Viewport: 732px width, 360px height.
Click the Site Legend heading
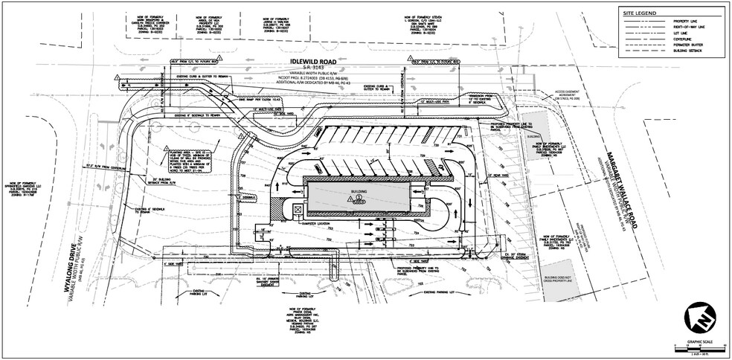coord(640,13)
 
